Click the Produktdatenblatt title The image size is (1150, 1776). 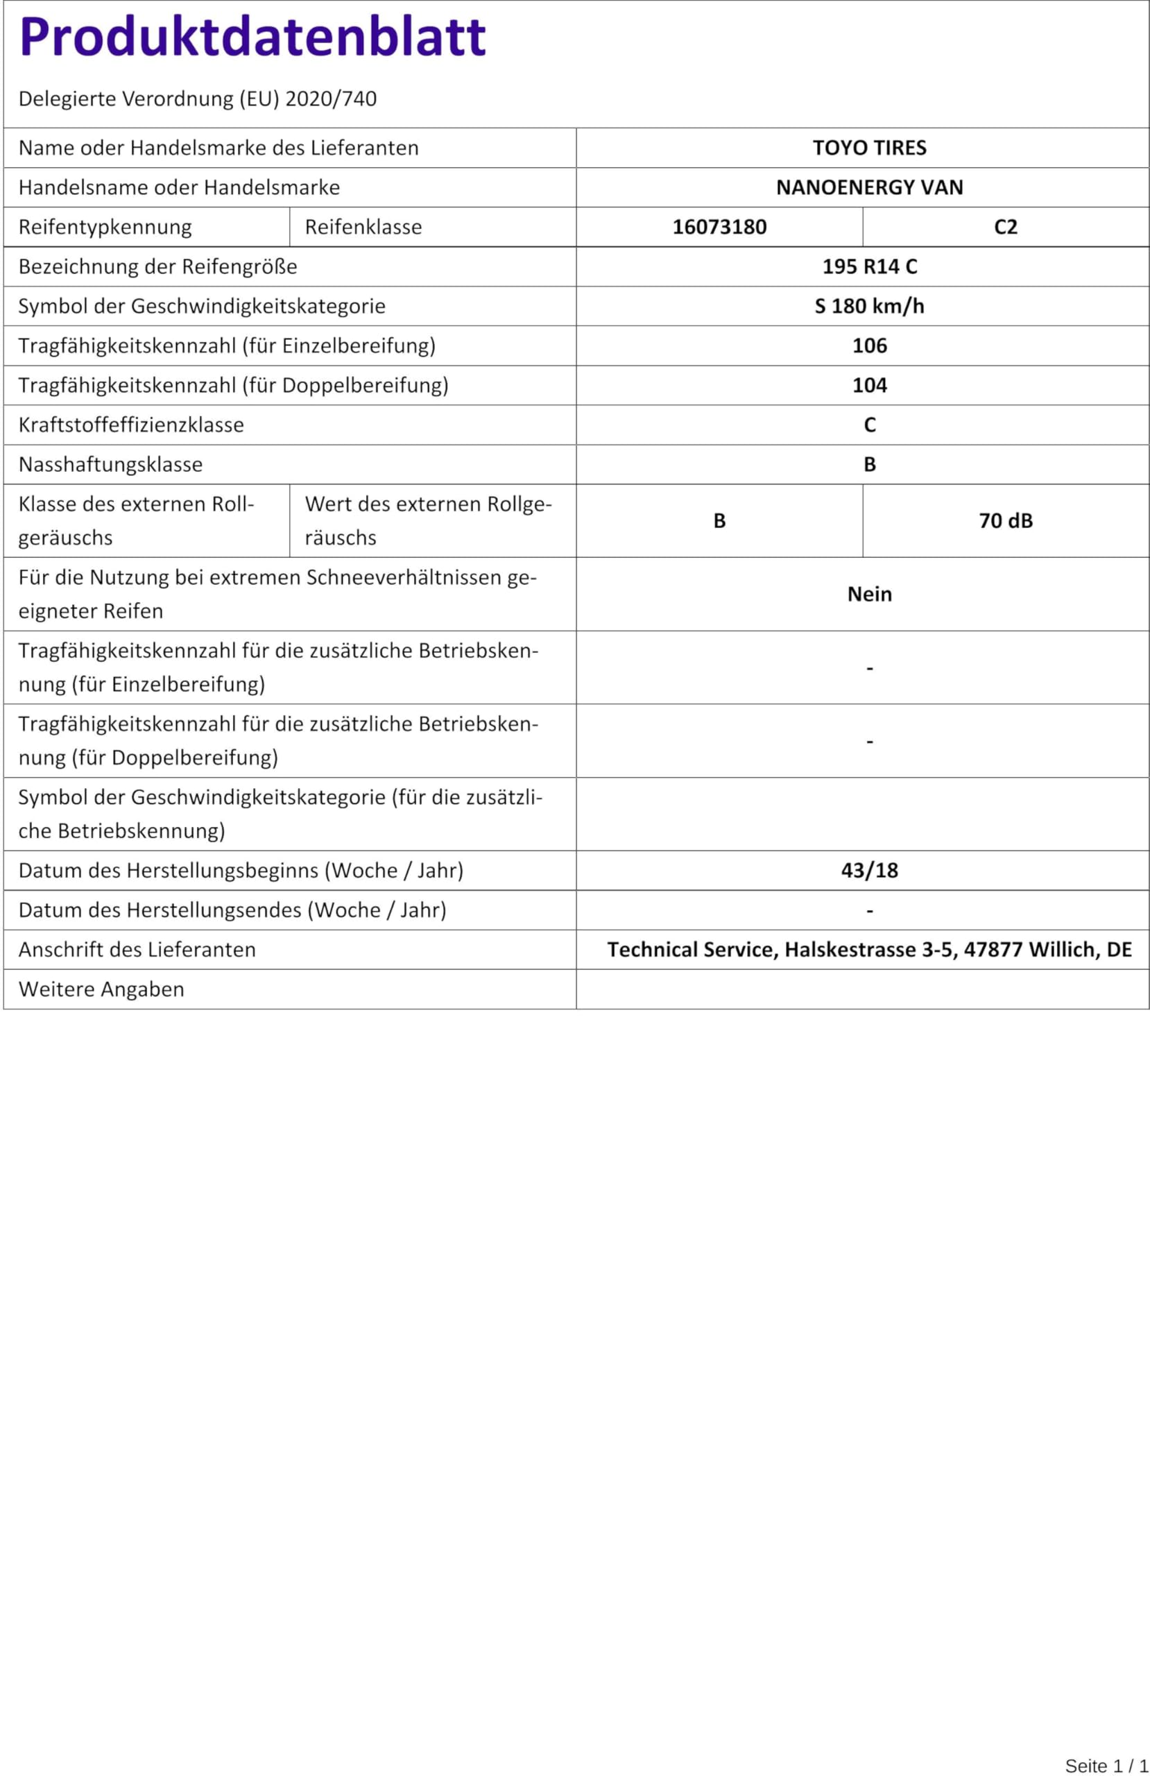click(252, 37)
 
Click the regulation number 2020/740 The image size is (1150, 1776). click(331, 99)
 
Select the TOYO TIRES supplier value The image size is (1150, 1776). click(869, 148)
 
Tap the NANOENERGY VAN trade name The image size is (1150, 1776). click(869, 187)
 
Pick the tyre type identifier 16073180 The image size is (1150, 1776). click(719, 227)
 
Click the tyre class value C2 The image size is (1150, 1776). click(1005, 227)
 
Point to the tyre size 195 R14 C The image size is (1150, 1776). click(869, 266)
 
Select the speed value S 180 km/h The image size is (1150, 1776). click(869, 306)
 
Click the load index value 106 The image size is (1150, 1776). click(869, 345)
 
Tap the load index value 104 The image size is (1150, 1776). click(869, 385)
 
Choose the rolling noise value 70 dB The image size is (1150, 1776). click(1005, 521)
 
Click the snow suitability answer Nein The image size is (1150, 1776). click(869, 594)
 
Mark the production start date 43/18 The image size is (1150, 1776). click(869, 870)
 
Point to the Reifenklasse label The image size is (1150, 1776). click(363, 227)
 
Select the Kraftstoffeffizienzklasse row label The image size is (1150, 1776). click(131, 425)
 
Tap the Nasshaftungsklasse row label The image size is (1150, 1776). click(110, 464)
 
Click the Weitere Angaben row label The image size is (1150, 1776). click(101, 989)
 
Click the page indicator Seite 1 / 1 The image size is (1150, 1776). click(1106, 1766)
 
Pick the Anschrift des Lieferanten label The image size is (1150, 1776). click(137, 949)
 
